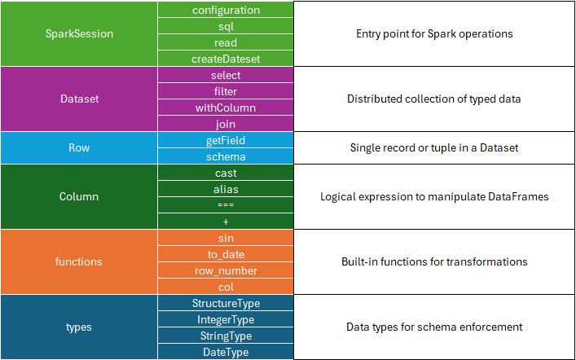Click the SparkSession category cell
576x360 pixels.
point(79,34)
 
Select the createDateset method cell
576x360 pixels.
point(226,59)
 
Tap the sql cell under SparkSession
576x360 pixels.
point(226,26)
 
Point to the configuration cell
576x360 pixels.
point(226,10)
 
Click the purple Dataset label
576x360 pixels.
point(79,99)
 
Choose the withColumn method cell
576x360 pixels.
point(226,108)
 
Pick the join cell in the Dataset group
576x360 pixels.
point(226,124)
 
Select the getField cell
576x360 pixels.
point(226,140)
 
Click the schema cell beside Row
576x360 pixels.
point(226,156)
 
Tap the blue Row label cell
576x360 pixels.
point(79,148)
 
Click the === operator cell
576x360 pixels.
point(226,205)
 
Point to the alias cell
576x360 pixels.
point(226,189)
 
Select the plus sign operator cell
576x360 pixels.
point(226,222)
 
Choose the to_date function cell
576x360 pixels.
point(226,254)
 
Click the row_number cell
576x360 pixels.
point(226,270)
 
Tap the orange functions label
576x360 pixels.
point(79,262)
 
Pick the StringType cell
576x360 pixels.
point(226,336)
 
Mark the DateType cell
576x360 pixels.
point(226,352)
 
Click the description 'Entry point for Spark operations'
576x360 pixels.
point(434,34)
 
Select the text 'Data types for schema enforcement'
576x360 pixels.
point(434,327)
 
